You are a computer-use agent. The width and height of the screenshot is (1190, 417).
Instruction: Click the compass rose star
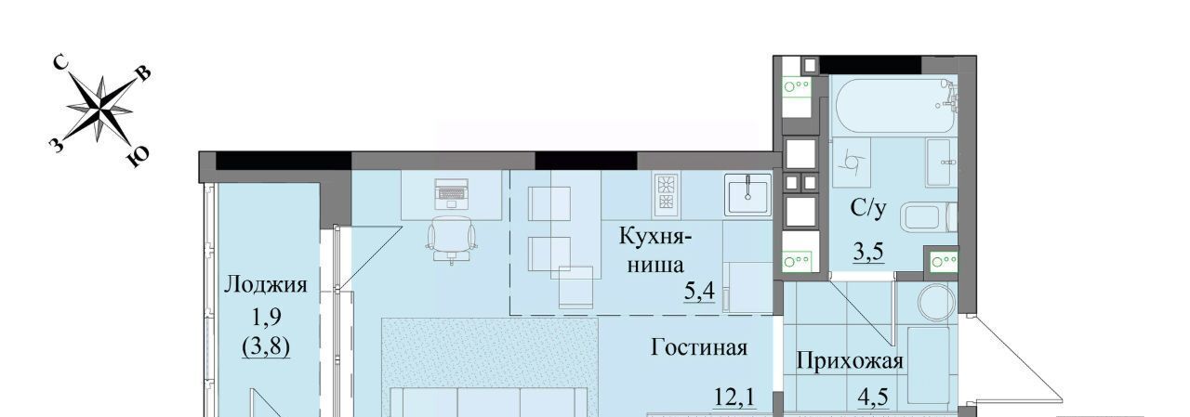[x=99, y=110]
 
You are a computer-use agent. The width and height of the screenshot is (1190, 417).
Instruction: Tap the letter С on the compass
[x=61, y=64]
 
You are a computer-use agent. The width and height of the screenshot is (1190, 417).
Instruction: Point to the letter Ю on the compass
[x=139, y=157]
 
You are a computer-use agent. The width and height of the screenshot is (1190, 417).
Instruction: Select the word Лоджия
[x=266, y=285]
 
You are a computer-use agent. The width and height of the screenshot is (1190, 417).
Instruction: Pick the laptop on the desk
[x=451, y=194]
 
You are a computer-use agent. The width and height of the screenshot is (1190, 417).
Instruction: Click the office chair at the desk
[x=451, y=240]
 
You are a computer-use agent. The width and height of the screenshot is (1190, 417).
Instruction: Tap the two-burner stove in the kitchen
[x=667, y=195]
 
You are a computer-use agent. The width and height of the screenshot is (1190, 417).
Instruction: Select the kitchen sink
[x=748, y=195]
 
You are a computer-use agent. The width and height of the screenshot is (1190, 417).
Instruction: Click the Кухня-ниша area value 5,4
[x=699, y=292]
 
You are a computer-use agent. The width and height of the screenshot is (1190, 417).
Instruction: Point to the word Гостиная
[x=699, y=347]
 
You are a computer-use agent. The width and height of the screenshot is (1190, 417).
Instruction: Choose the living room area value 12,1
[x=734, y=397]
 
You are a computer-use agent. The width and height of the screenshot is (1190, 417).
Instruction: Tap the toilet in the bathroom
[x=929, y=218]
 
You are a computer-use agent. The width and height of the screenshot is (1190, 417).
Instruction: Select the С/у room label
[x=868, y=208]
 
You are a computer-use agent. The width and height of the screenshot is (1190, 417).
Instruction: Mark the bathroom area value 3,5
[x=868, y=251]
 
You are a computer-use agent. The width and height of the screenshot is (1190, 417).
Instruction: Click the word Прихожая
[x=850, y=362]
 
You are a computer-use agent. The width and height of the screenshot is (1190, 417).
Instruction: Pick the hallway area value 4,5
[x=873, y=397]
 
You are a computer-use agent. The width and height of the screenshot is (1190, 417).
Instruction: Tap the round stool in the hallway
[x=936, y=301]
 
